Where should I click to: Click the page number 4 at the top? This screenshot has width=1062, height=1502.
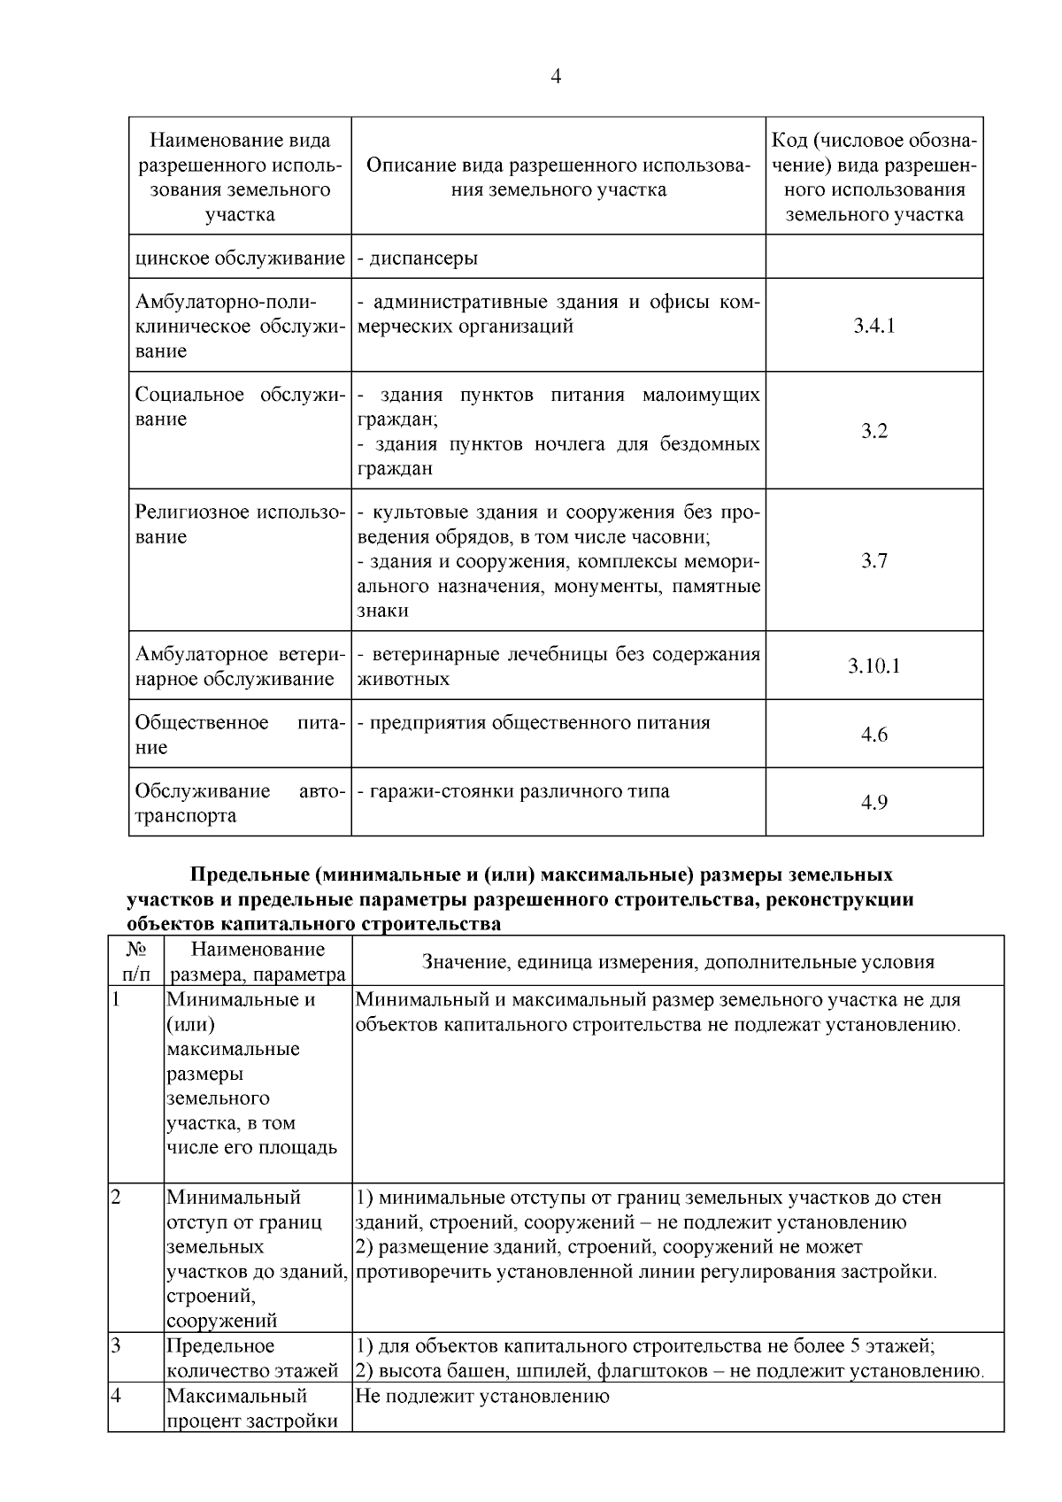click(x=556, y=77)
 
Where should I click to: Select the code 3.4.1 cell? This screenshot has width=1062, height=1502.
click(x=873, y=326)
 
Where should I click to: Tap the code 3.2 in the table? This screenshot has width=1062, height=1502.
click(x=873, y=431)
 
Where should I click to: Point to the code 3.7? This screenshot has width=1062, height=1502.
click(x=873, y=561)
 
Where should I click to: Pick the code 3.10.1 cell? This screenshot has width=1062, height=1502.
click(x=873, y=666)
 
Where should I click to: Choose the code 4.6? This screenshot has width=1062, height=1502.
click(x=873, y=735)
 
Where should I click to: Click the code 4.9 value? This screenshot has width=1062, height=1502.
click(x=873, y=803)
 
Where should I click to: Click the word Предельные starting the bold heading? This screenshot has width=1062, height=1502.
click(x=249, y=875)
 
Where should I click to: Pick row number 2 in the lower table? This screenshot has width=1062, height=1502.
click(x=116, y=1198)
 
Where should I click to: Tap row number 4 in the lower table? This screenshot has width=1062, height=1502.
click(x=116, y=1396)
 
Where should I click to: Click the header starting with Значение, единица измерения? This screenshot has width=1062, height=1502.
click(x=678, y=962)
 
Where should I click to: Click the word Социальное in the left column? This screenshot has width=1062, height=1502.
click(x=189, y=395)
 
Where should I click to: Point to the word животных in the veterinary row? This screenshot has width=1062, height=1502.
click(x=403, y=679)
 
